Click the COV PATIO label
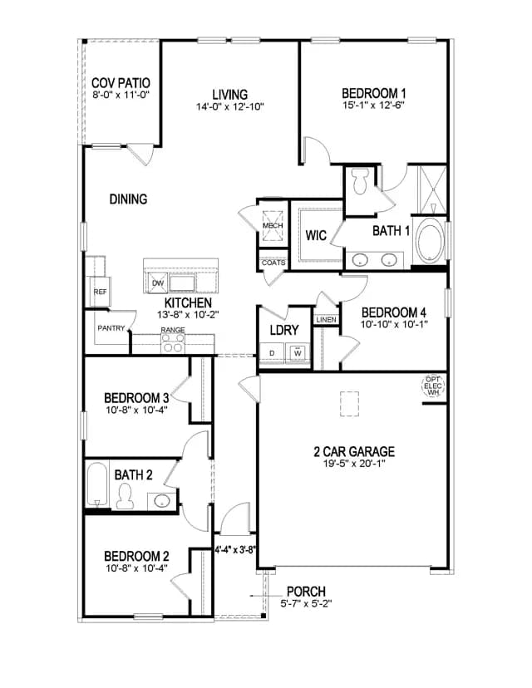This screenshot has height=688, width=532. tap(121, 83)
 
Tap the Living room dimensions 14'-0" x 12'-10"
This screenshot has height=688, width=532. tap(229, 106)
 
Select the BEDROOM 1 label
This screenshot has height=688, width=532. tap(373, 93)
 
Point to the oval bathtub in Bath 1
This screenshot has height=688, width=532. tap(431, 240)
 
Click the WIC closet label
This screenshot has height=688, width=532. tap(316, 235)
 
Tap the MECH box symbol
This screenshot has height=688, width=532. tap(273, 225)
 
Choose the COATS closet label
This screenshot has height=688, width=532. tap(273, 263)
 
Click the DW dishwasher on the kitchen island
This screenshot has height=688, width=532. tap(157, 283)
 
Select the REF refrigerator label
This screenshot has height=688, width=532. tap(100, 292)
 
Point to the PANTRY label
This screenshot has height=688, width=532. tap(111, 327)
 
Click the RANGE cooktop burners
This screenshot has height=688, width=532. tap(173, 343)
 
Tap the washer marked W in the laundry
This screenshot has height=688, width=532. tap(298, 352)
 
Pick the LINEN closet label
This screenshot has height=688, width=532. tap(326, 320)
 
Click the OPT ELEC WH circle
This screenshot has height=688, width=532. tap(433, 386)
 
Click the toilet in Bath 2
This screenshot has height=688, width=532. tap(126, 496)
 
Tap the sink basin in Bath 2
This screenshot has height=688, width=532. tap(161, 500)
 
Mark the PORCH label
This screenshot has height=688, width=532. tap(306, 592)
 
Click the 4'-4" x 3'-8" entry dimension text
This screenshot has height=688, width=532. tap(235, 549)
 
